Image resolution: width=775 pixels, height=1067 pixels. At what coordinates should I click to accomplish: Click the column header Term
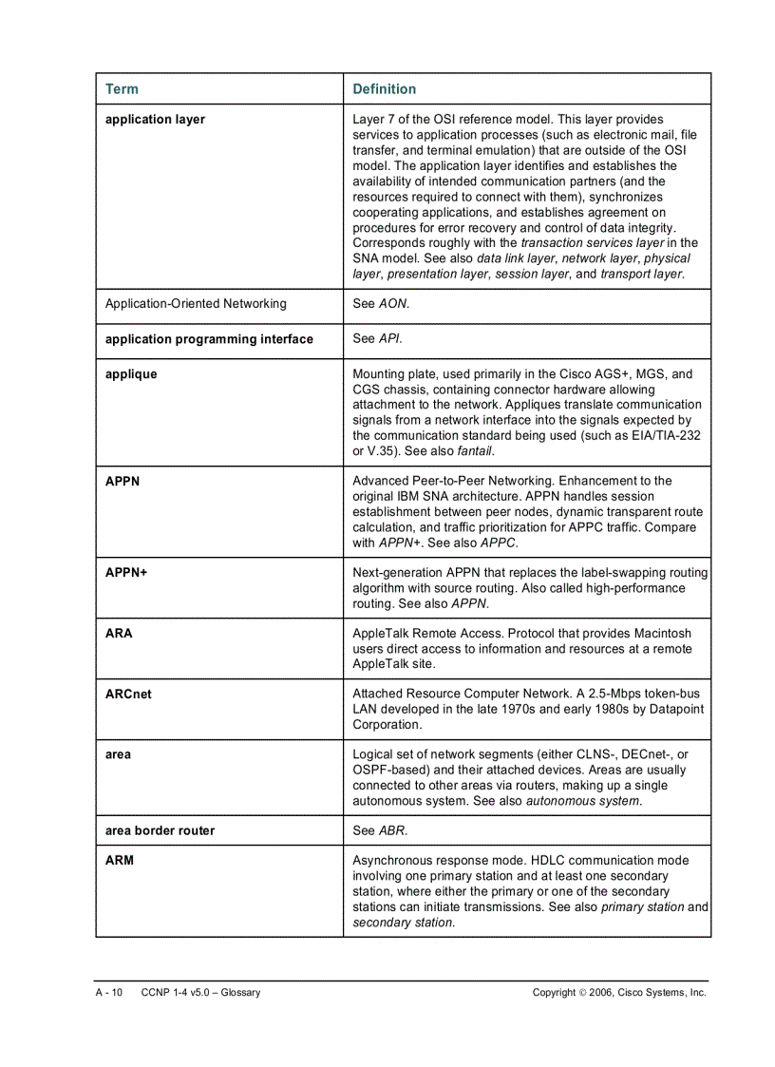pyautogui.click(x=122, y=89)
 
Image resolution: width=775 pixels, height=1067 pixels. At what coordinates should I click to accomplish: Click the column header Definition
pyautogui.click(x=384, y=89)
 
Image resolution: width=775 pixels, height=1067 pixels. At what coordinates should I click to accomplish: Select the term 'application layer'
pyautogui.click(x=155, y=120)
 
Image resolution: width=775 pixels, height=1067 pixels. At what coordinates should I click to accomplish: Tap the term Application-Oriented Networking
pyautogui.click(x=195, y=304)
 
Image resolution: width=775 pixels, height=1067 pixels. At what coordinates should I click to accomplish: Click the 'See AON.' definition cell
pyautogui.click(x=381, y=304)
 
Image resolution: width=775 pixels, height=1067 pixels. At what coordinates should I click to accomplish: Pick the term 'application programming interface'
pyautogui.click(x=209, y=339)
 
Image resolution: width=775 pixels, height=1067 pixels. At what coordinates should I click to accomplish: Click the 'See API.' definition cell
pyautogui.click(x=377, y=339)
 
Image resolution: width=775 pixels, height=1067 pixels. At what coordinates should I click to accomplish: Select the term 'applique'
pyautogui.click(x=131, y=374)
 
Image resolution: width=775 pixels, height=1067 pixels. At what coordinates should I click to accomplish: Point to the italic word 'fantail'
pyautogui.click(x=475, y=451)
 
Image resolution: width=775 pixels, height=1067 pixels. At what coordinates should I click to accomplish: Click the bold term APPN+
pyautogui.click(x=126, y=573)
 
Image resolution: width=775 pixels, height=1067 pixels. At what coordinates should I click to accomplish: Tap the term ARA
pyautogui.click(x=119, y=634)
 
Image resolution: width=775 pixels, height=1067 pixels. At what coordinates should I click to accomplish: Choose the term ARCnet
pyautogui.click(x=128, y=695)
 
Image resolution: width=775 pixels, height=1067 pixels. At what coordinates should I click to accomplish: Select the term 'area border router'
pyautogui.click(x=160, y=830)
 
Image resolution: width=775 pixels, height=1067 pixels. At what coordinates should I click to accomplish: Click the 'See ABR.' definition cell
pyautogui.click(x=380, y=830)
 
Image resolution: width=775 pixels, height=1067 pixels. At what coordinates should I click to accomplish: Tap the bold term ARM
pyautogui.click(x=120, y=861)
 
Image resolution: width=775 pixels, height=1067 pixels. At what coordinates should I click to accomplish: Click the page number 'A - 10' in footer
pyautogui.click(x=109, y=993)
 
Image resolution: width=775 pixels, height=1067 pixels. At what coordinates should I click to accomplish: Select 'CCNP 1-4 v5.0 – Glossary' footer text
pyautogui.click(x=200, y=993)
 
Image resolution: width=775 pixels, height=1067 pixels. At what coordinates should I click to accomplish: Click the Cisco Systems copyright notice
pyautogui.click(x=619, y=993)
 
